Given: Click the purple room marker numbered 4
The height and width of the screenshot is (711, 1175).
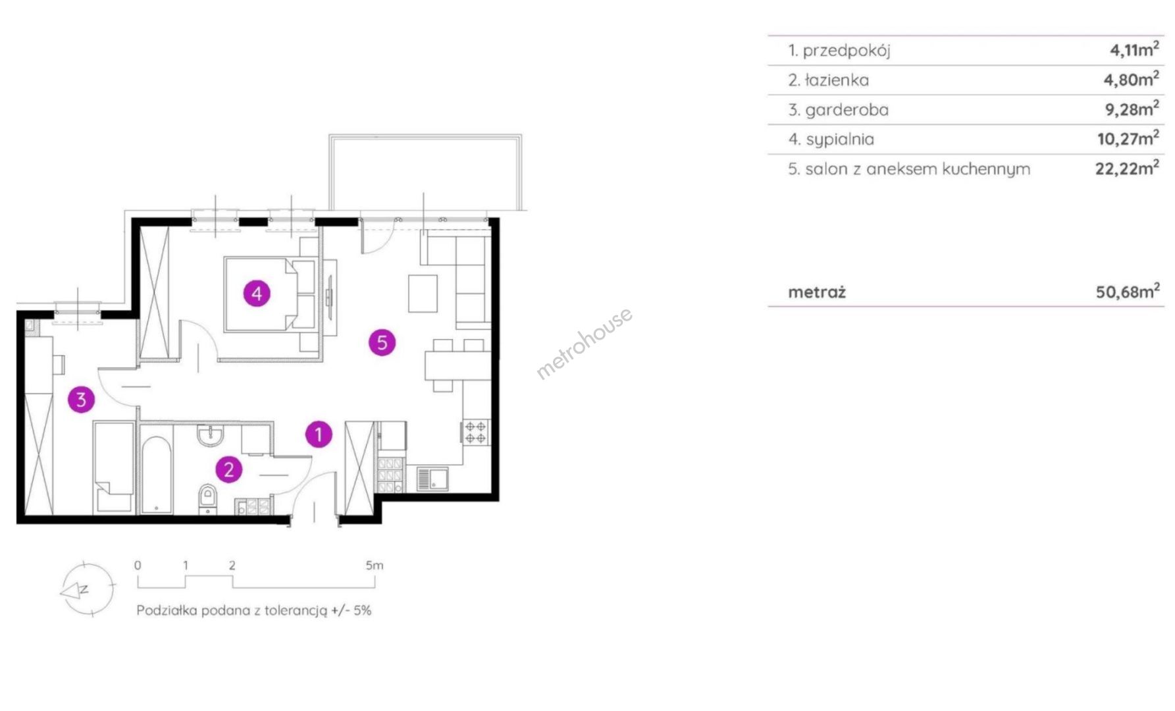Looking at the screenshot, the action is click(257, 293).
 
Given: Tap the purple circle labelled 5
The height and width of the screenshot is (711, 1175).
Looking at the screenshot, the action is click(382, 342).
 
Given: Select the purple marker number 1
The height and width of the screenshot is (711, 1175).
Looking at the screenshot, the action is click(319, 434).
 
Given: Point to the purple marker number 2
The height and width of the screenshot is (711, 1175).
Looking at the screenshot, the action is click(229, 469).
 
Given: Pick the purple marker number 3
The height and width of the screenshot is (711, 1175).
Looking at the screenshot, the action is click(81, 399).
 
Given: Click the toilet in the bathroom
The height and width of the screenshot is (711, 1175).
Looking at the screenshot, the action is click(207, 498).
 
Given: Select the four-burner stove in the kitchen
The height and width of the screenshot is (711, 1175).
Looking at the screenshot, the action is click(476, 433).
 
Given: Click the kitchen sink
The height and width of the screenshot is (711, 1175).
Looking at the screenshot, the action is click(433, 479).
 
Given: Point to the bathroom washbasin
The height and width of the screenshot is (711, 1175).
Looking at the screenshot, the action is click(211, 434).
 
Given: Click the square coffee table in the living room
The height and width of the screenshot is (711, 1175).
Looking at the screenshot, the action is click(423, 294).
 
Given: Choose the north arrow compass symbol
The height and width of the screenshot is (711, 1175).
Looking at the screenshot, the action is click(87, 589).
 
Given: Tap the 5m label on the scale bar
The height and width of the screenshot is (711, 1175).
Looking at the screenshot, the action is click(375, 565).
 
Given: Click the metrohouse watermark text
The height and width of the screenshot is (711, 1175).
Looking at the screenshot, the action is click(585, 343).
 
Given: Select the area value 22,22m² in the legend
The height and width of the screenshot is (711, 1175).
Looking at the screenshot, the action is click(1127, 168).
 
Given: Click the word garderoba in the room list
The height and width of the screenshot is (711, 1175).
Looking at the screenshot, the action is click(847, 109).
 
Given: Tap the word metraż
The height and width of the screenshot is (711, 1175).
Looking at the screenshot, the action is click(817, 292).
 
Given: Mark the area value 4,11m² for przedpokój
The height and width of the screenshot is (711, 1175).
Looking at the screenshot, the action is click(1134, 49).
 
